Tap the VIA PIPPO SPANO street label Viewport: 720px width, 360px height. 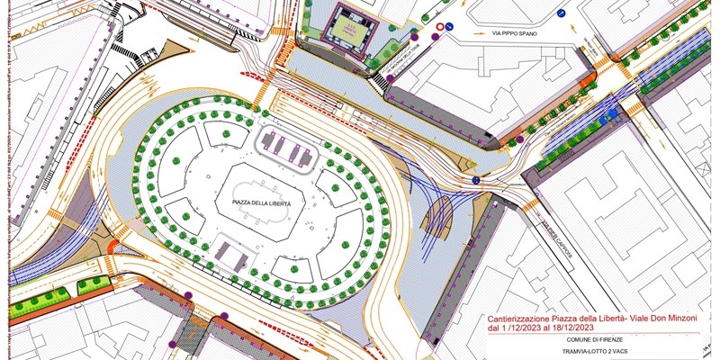[x=514, y=33]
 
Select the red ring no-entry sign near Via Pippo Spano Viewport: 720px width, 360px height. [x=438, y=29]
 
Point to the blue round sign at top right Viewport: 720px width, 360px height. [x=560, y=13]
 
